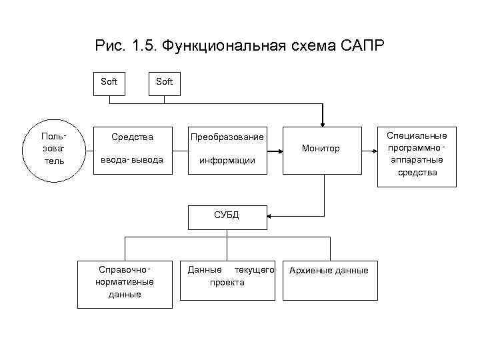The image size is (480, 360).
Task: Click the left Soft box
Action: click(109, 82)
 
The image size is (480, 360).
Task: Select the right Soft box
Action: click(163, 82)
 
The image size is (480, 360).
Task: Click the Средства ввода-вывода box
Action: click(132, 149)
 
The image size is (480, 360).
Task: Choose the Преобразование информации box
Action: click(227, 149)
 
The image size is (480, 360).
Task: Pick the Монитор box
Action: click(321, 149)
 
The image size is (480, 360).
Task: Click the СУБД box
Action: click(227, 215)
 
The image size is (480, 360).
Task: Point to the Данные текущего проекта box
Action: click(227, 276)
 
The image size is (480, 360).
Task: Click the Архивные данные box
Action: click(328, 271)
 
